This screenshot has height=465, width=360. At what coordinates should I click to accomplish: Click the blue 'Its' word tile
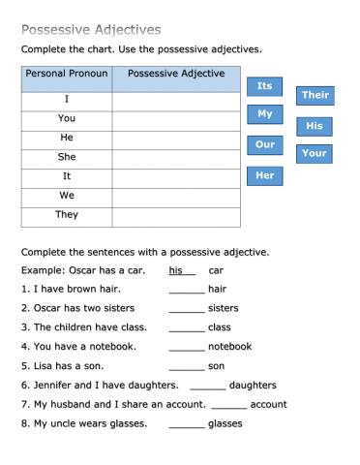pos(264,86)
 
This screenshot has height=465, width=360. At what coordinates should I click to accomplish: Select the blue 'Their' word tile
pos(315,95)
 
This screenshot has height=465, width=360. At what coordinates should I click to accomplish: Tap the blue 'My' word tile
pos(264,114)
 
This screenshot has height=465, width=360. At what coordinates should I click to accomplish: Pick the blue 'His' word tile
pos(315,126)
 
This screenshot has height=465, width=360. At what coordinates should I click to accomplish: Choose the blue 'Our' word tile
pos(264,145)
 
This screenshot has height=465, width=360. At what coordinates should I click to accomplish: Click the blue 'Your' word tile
pos(315,153)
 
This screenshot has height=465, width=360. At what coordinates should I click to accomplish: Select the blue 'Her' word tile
pos(264,175)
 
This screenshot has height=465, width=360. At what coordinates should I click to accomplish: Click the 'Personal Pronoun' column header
pos(66,75)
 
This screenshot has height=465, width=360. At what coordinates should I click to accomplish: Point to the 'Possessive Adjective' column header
pos(176,75)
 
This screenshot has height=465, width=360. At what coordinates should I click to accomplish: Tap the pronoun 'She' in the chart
pos(67,157)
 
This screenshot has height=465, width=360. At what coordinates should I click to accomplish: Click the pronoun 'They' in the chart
pos(67,215)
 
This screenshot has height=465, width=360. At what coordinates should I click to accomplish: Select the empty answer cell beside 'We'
pos(176,196)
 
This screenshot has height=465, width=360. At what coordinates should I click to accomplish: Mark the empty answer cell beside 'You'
pos(176,118)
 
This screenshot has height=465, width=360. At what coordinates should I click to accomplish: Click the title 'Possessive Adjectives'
pos(91,30)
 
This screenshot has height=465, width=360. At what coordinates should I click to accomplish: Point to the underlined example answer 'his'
pos(176,270)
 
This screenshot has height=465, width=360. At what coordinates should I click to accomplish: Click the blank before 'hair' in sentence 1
pos(187,289)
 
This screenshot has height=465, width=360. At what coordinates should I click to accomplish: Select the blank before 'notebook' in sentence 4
pos(187,346)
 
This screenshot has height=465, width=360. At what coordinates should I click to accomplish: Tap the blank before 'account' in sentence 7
pos(229,404)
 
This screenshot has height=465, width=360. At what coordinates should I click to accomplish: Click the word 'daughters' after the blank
pos(253,385)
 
